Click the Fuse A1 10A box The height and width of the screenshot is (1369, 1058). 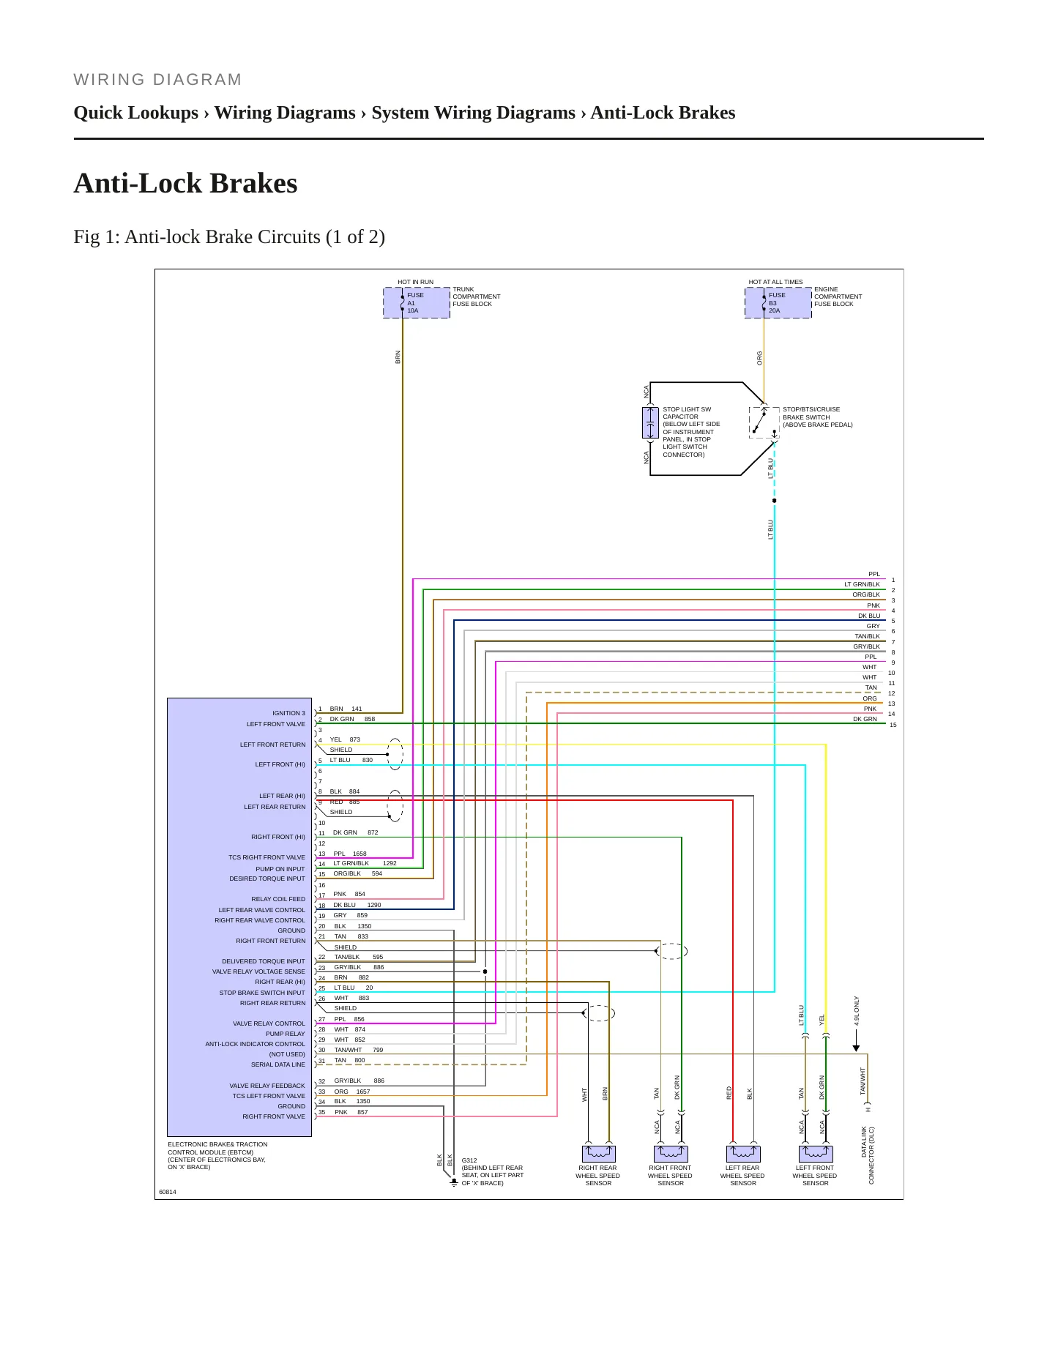point(417,302)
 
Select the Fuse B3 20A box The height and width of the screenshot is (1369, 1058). point(778,302)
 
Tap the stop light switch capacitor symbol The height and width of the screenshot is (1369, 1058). point(650,423)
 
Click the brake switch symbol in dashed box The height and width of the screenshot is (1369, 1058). point(764,422)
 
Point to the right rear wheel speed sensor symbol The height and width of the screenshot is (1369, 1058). point(598,1154)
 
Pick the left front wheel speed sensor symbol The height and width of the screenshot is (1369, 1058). point(815,1154)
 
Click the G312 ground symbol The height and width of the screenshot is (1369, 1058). point(454,1182)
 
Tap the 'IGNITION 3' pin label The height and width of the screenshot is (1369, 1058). point(288,713)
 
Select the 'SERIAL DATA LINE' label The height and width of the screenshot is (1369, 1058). point(278,1064)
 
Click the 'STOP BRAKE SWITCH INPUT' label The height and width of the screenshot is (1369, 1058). point(262,993)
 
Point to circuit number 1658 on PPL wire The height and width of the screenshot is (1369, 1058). point(360,854)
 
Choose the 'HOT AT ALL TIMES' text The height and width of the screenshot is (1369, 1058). point(775,282)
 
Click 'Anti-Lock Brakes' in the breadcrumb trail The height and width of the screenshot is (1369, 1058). point(663,113)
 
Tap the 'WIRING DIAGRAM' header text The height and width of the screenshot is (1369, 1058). point(157,80)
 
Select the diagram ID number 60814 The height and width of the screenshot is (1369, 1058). point(168,1192)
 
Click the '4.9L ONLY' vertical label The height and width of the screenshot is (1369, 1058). point(857,1010)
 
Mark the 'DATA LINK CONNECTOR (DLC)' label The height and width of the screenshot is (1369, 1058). point(868,1155)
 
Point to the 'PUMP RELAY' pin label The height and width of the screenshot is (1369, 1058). point(285,1034)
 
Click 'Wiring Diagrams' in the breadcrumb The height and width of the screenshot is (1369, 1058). point(285,113)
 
